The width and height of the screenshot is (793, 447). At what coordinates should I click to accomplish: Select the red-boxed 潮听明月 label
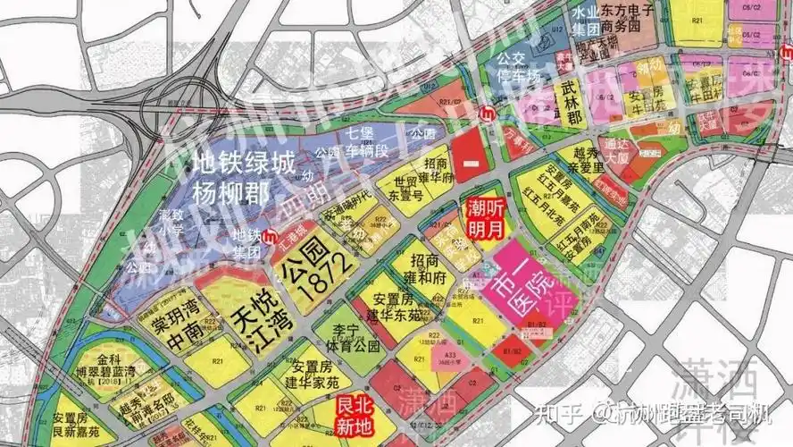[x=487, y=217]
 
